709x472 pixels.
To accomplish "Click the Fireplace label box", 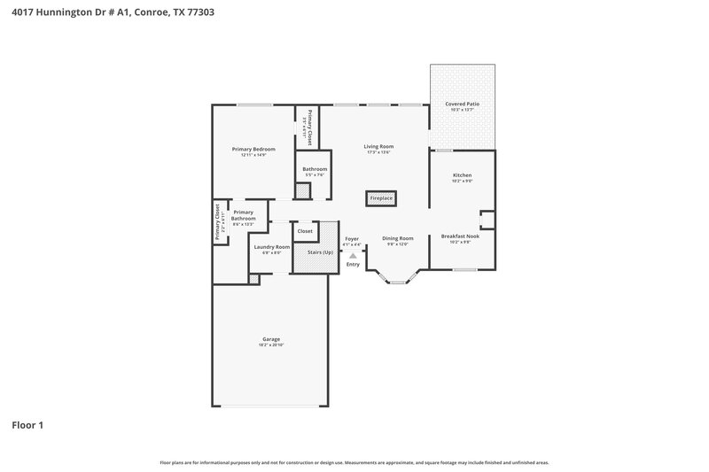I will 381,198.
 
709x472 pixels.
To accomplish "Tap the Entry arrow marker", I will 352,256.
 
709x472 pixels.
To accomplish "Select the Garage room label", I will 271,339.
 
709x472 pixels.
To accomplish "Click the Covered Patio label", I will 463,104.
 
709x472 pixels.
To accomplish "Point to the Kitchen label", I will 463,175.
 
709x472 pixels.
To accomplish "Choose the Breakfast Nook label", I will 463,236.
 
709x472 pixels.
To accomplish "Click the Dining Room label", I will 398,238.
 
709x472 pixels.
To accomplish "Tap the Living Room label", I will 379,146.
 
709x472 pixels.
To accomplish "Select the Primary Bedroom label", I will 253,149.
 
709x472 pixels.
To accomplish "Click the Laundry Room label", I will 271,247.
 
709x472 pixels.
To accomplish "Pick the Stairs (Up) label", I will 320,252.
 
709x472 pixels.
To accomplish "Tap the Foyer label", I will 352,238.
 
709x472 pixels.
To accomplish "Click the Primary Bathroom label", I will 244,215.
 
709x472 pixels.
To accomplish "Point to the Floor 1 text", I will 27,425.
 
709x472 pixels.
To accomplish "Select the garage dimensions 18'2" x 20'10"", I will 271,345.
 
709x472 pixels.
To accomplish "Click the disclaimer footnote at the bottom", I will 354,462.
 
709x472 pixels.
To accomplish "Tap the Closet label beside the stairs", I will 305,230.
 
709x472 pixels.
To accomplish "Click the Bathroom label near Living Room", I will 315,169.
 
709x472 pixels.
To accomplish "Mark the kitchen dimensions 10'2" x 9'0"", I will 463,182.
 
